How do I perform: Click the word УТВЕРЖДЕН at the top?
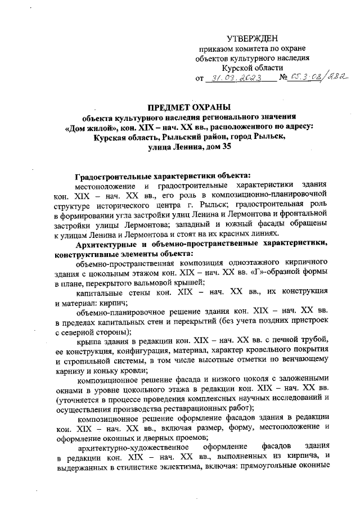[x=253, y=38]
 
